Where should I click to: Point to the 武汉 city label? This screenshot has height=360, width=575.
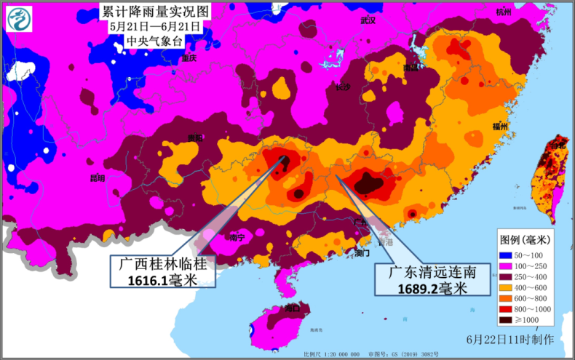click(x=368, y=20)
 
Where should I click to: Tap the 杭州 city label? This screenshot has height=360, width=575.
click(x=504, y=12)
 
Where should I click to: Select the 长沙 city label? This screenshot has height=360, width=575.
click(x=343, y=87)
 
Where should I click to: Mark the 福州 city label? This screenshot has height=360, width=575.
click(x=500, y=127)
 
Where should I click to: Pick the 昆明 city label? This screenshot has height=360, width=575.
click(x=97, y=177)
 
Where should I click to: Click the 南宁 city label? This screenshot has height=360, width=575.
click(x=237, y=238)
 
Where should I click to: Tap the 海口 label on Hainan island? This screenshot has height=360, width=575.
click(x=293, y=308)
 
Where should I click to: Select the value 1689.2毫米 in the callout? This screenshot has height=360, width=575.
click(x=432, y=289)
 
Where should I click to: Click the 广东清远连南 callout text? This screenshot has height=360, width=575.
click(x=432, y=273)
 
